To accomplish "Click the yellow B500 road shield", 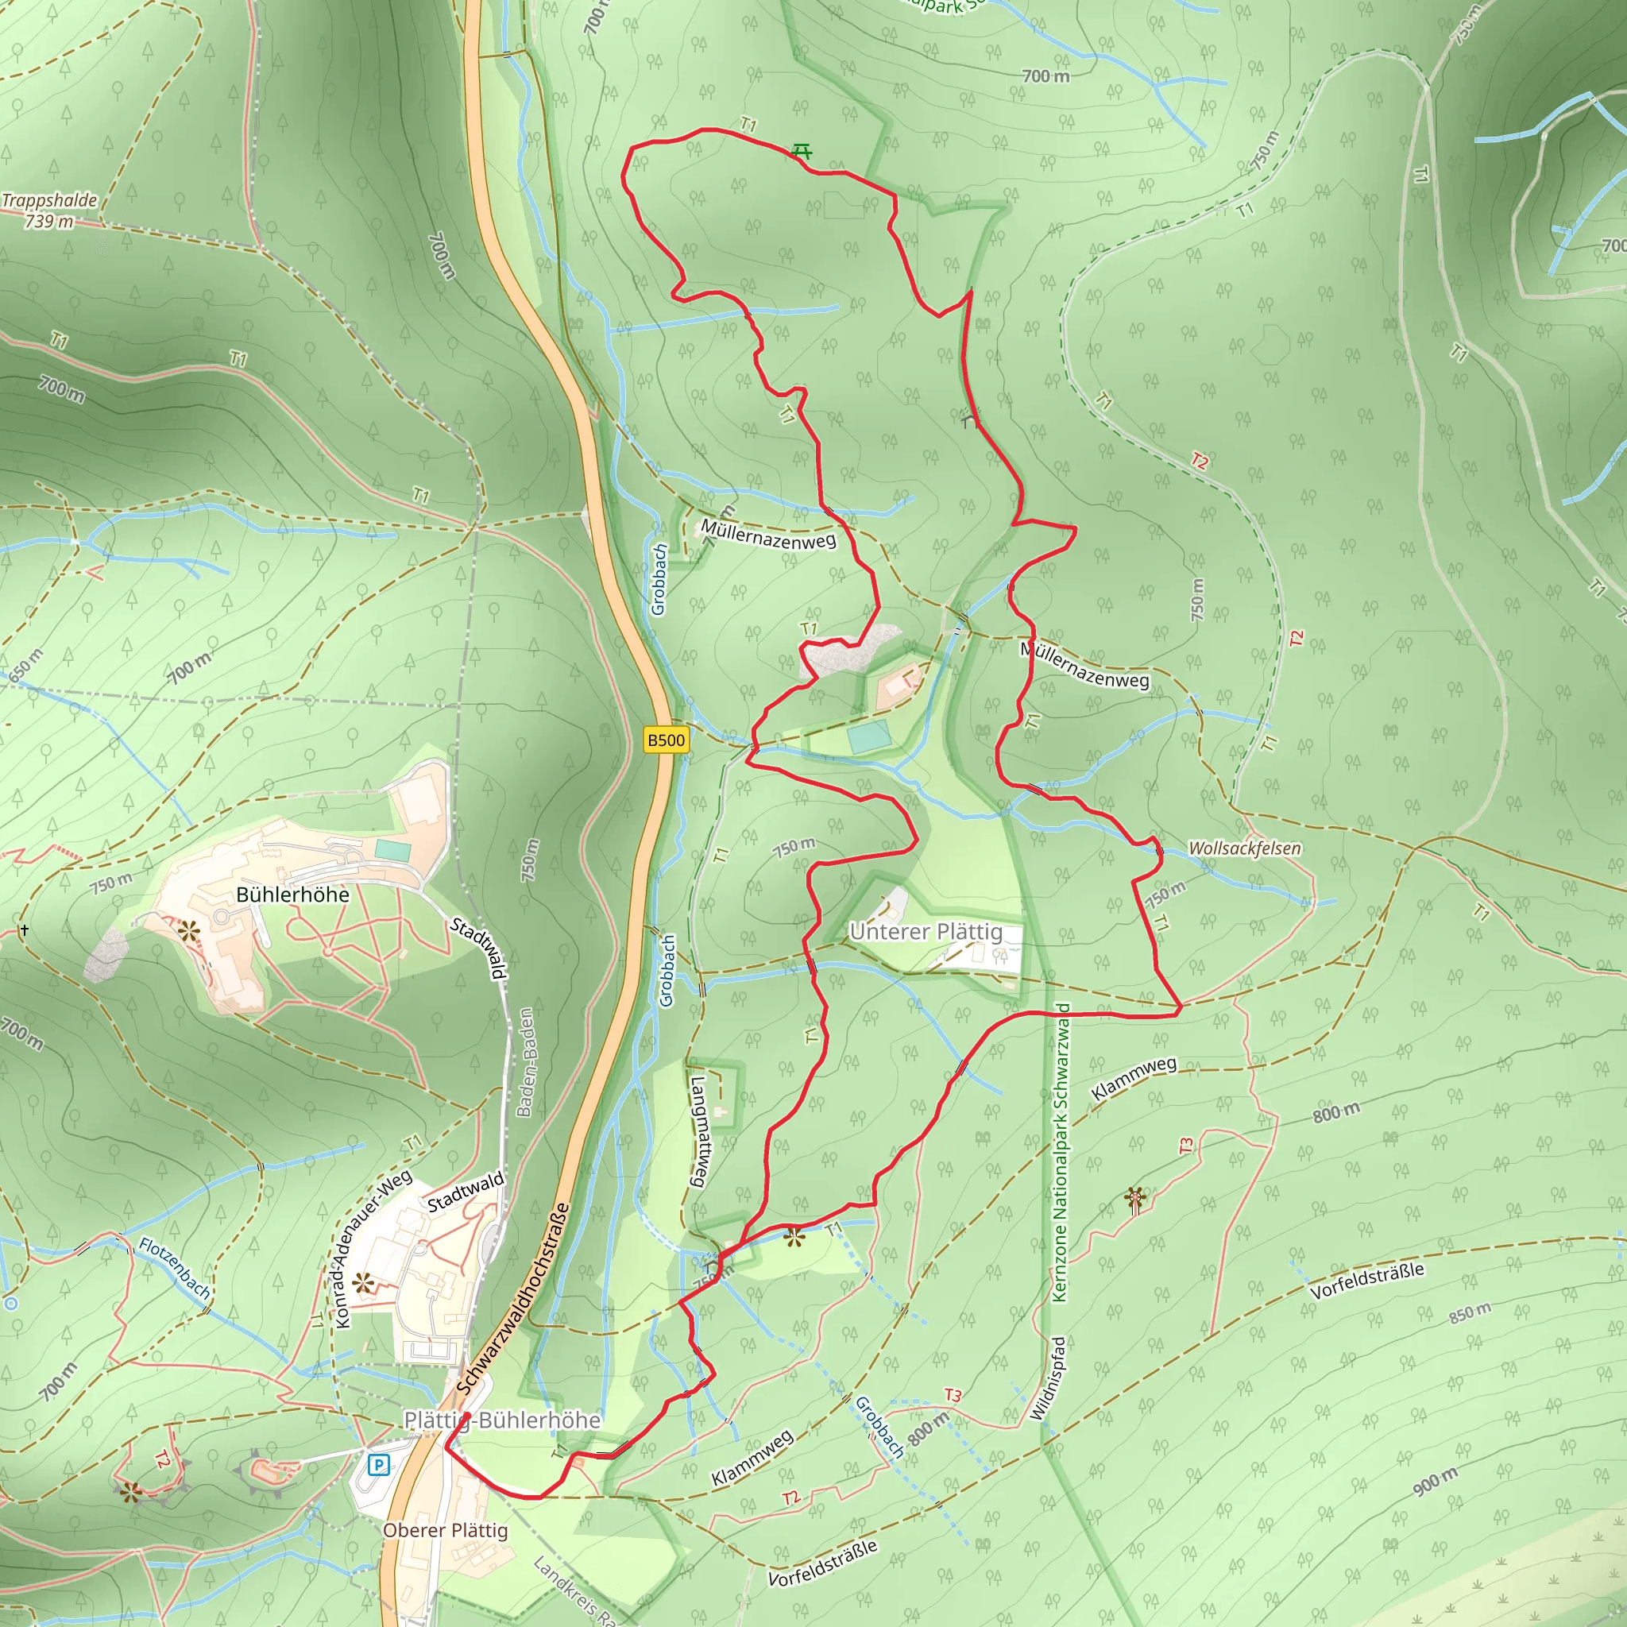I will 665,740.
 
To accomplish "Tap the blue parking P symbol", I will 379,1465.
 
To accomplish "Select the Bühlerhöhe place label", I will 292,895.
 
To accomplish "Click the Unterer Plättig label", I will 926,931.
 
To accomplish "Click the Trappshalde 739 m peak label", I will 48,211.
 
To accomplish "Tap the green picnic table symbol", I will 802,152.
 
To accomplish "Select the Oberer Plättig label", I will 446,1530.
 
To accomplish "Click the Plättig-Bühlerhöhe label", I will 503,1420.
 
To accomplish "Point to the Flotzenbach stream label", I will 175,1267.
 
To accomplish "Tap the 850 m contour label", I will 1470,1313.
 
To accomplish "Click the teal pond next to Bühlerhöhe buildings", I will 392,850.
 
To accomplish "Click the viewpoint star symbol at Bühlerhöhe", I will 188,931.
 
